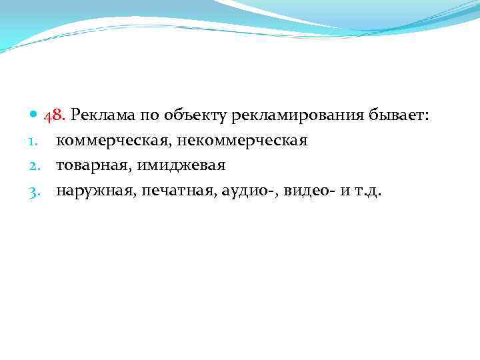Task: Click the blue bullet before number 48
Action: point(35,115)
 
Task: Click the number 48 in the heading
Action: point(54,116)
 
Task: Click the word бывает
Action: point(401,116)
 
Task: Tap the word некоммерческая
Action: point(242,141)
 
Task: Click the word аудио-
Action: point(247,191)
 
